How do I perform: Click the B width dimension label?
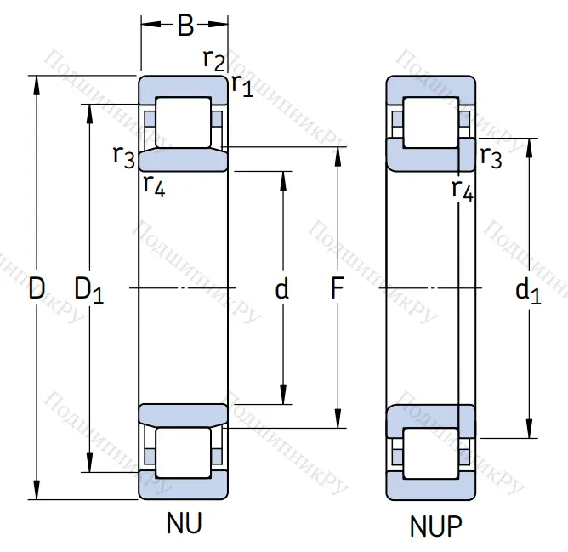coord(185,26)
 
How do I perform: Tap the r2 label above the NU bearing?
coord(213,59)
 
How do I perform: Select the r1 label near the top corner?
coord(242,84)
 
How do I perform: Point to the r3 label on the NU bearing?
coord(124,156)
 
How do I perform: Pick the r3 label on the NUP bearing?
coord(491,156)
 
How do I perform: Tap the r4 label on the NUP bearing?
coord(462,189)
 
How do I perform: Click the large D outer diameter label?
coord(36,289)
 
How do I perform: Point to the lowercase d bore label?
coord(282,289)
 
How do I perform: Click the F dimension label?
coord(338,289)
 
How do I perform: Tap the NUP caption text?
coord(436,527)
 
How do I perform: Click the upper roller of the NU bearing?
coord(184,122)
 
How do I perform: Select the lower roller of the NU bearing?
coord(184,453)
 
